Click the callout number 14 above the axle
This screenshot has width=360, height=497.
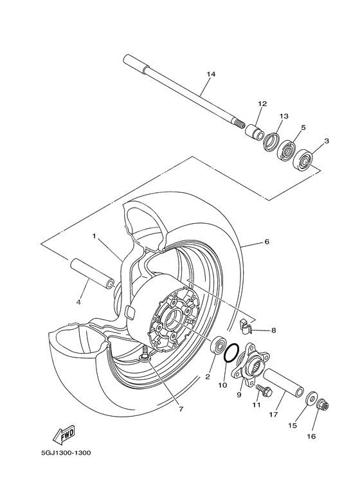210,75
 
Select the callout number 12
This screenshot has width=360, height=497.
262,104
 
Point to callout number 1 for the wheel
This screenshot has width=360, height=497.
94,236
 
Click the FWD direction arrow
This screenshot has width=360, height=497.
66,436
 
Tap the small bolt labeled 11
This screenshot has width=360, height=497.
261,390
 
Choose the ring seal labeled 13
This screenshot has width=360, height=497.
271,141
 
